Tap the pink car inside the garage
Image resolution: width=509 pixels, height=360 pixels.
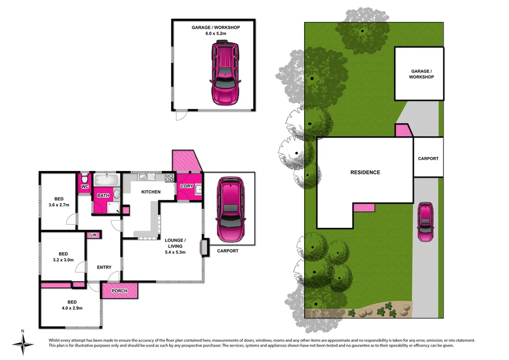tap(225, 74)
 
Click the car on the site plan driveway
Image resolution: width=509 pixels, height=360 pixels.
tap(425, 222)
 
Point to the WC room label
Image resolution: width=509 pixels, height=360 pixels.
tap(85, 187)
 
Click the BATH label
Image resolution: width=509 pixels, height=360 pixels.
tap(103, 196)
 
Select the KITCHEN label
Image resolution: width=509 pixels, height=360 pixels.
tap(151, 192)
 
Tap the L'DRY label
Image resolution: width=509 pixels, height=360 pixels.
tap(186, 186)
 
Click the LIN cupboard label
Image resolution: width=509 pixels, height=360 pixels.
tap(93, 235)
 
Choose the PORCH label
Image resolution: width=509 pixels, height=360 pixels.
tap(119, 291)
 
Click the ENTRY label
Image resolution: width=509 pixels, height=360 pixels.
tap(104, 268)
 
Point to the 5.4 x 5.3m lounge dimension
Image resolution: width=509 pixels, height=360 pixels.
tap(175, 252)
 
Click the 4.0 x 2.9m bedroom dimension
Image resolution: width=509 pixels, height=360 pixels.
tap(72, 308)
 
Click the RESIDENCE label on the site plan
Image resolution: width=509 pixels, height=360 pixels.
tap(365, 173)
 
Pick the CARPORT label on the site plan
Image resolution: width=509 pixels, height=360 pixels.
tap(428, 159)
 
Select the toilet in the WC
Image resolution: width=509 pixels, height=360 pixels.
tap(85, 178)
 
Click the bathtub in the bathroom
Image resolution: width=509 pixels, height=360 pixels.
tap(106, 180)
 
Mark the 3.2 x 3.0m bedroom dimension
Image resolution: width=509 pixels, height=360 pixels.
tap(63, 260)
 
